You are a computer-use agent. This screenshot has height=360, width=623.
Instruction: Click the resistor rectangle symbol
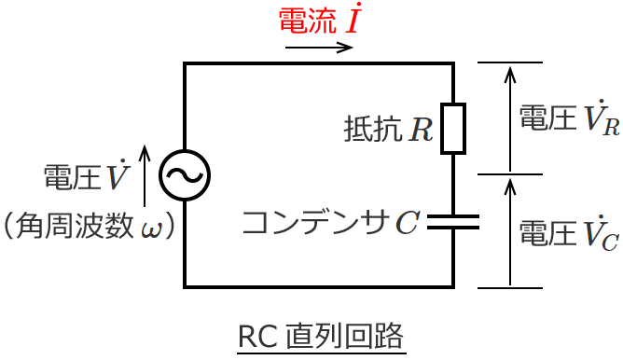pyautogui.click(x=452, y=128)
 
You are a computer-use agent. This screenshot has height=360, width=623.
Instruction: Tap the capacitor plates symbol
pyautogui.click(x=452, y=222)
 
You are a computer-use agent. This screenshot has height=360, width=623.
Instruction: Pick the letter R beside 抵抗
pyautogui.click(x=421, y=129)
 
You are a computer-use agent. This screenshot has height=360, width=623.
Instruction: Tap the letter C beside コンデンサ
pyautogui.click(x=407, y=222)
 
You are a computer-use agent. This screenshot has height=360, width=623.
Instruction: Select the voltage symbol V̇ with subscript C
pyautogui.click(x=598, y=232)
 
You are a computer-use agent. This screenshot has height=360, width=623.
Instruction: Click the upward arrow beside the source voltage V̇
pyautogui.click(x=145, y=174)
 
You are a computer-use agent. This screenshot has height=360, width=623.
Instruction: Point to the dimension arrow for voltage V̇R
pyautogui.click(x=509, y=118)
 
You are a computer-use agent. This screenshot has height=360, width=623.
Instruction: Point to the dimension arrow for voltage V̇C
pyautogui.click(x=509, y=231)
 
